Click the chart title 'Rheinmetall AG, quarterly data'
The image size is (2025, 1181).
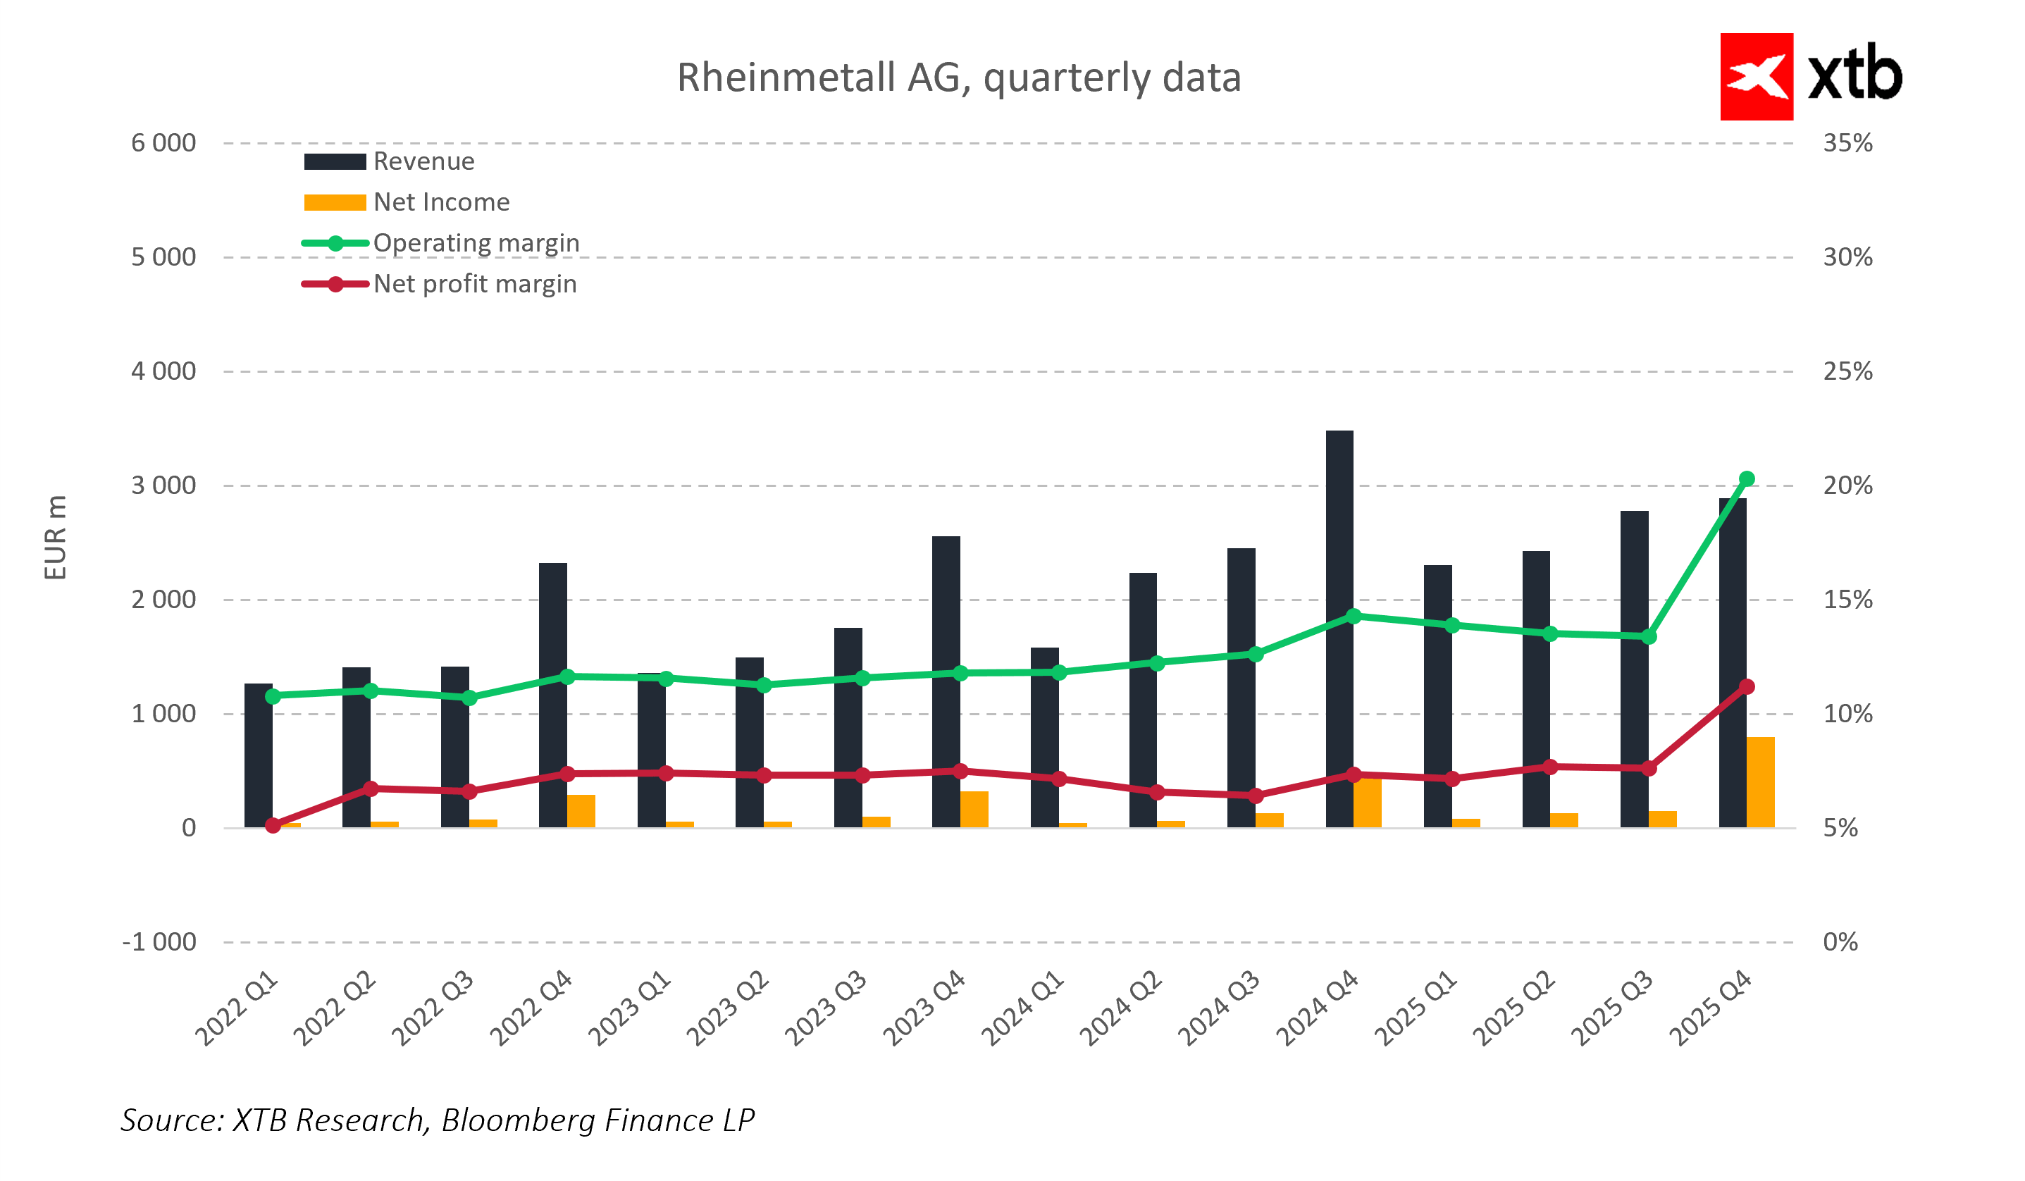[959, 78]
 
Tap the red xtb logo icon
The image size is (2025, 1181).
[1756, 77]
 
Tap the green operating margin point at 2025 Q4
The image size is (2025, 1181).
[1747, 480]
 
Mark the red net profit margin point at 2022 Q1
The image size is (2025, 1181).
[273, 826]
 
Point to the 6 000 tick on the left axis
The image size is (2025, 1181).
[164, 144]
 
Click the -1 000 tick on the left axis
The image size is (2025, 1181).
[159, 942]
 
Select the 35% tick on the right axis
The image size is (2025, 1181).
[1847, 144]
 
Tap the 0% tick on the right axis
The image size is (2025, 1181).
[1840, 942]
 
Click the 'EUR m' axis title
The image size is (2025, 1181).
[56, 538]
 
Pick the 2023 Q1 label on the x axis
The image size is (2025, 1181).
[629, 1008]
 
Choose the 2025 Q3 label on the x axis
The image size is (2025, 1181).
[1612, 1008]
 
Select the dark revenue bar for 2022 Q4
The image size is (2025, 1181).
[553, 695]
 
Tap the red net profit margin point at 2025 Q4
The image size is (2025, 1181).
[1747, 687]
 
